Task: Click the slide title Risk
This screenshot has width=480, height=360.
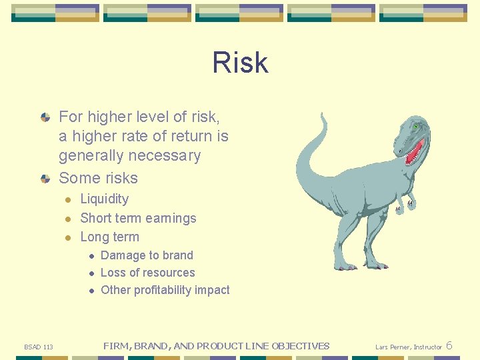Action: pos(240,63)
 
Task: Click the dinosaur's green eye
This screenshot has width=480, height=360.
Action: pos(416,126)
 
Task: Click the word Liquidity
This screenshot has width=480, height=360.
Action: pos(104,199)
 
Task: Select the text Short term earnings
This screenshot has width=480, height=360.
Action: pos(138,218)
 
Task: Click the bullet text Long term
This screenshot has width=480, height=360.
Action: pos(109,237)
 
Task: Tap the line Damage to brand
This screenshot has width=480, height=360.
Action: pos(147,255)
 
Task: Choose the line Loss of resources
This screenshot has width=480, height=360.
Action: pos(147,273)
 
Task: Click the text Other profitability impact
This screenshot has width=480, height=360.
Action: pos(165,290)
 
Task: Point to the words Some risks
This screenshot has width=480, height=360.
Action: pos(98,178)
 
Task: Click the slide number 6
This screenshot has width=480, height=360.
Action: pos(449,345)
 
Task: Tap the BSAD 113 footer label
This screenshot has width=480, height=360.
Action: pos(39,347)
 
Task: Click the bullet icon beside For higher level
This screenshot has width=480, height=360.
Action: pos(45,117)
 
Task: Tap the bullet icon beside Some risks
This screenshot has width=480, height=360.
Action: pos(45,179)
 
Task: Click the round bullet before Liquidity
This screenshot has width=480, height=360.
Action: pos(67,199)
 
